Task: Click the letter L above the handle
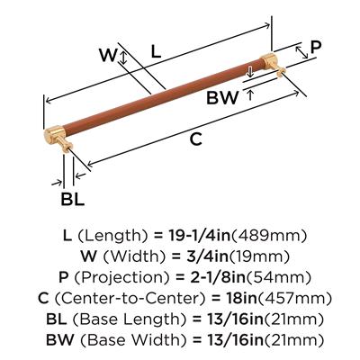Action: pos(156,51)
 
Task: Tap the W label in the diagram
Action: pos(107,55)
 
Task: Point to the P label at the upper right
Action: pos(316,47)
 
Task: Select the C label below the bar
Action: pos(195,139)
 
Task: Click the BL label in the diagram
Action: pos(73,199)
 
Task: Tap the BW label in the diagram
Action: pos(222,97)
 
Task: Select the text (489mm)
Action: pos(269,236)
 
